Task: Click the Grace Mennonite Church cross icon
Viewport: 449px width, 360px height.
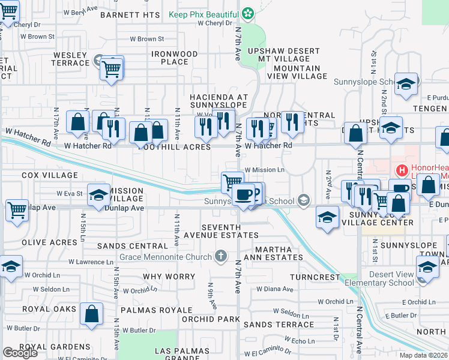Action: (x=221, y=257)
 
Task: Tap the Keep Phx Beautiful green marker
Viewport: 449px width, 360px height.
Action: (x=247, y=13)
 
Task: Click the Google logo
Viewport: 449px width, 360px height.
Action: (x=20, y=353)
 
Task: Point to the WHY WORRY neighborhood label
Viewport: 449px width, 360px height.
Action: (x=169, y=277)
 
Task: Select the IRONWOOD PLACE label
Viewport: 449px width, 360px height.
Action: (x=174, y=58)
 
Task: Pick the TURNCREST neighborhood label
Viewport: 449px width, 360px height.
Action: (x=315, y=277)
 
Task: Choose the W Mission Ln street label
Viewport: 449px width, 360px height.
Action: (x=265, y=170)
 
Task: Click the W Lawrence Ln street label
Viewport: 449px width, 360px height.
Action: (x=91, y=262)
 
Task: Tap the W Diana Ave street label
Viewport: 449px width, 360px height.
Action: (x=275, y=289)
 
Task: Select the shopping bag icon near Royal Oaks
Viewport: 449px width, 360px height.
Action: (x=91, y=314)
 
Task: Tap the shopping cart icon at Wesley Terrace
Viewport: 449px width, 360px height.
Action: (x=112, y=68)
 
